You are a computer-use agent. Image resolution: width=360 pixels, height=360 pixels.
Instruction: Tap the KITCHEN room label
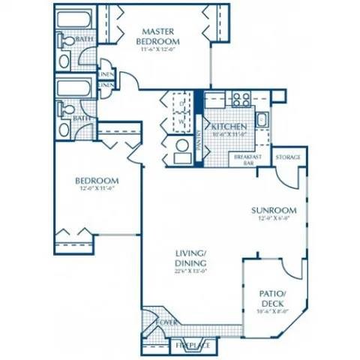pyautogui.click(x=225, y=127)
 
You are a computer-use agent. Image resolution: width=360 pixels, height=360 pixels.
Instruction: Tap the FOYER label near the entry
pyautogui.click(x=166, y=323)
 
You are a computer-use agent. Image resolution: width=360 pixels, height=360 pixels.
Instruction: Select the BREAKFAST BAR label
pyautogui.click(x=246, y=160)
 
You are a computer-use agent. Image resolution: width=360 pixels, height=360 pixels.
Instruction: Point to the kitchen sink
pyautogui.click(x=262, y=120)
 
